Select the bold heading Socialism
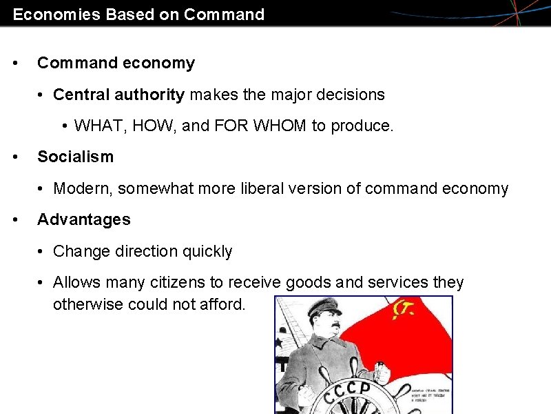[x=75, y=157]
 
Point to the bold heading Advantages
[x=83, y=219]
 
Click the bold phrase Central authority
[x=118, y=94]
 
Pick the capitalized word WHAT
[x=95, y=126]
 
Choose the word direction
[x=143, y=251]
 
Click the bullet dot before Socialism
[x=15, y=157]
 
